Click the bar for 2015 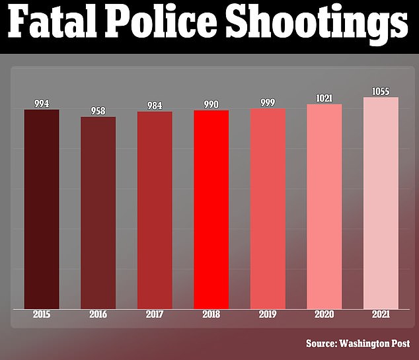pos(41,209)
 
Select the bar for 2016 pos(98,213)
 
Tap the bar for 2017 pos(155,210)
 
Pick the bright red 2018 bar pos(211,209)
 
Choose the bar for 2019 pos(268,208)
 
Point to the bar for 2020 pos(324,206)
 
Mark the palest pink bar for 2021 pos(381,203)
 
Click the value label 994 pos(42,104)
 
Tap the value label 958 pos(98,111)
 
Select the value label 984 pos(155,106)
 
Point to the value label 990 pos(211,104)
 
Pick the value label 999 pos(268,102)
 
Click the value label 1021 pos(324,98)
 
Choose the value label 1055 pos(381,91)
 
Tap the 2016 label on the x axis pos(98,314)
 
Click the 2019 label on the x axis pos(268,314)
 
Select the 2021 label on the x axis pos(381,314)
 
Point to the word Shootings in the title pos(317,26)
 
